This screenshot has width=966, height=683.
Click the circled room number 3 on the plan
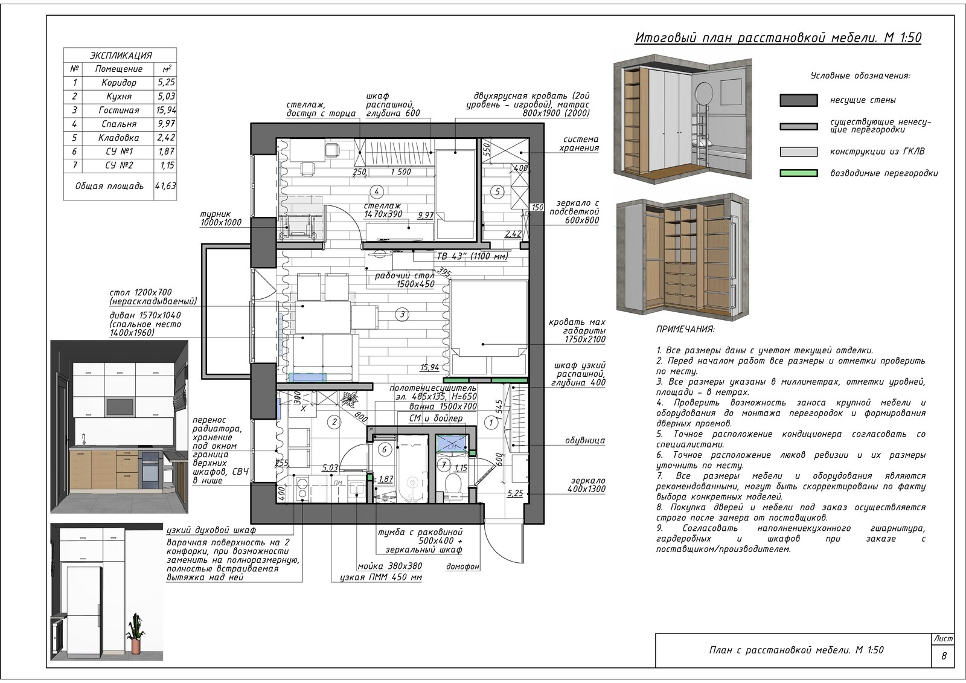(402, 315)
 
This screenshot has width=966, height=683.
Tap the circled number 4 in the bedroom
(377, 191)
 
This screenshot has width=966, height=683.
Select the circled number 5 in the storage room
(497, 191)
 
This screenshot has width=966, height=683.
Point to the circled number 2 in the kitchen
(334, 422)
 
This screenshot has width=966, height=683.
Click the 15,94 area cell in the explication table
(165, 110)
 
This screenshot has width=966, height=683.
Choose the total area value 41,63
(165, 186)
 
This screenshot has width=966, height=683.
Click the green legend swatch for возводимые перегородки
(799, 173)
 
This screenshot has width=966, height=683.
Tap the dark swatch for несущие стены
(799, 100)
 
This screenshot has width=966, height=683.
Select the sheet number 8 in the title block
(944, 656)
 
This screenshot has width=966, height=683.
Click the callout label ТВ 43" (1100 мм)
(473, 256)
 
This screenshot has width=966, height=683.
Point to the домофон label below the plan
(462, 566)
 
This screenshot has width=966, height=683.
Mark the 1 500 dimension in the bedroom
(401, 172)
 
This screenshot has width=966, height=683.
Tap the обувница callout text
(585, 440)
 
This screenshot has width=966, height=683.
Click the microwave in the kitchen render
(120, 406)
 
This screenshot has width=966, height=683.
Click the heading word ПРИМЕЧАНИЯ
(685, 329)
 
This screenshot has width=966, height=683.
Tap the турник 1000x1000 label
(221, 219)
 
